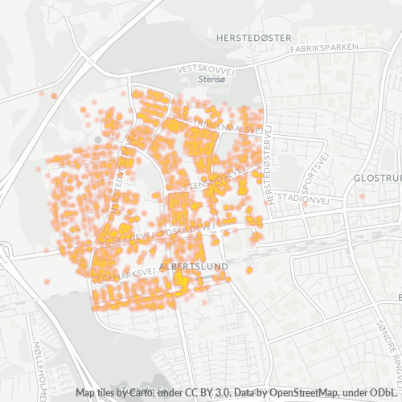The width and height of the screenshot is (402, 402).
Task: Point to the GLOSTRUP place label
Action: click(377, 178)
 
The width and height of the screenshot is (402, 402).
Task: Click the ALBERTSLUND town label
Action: click(194, 265)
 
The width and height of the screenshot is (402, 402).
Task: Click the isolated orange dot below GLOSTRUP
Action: click(362, 196)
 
